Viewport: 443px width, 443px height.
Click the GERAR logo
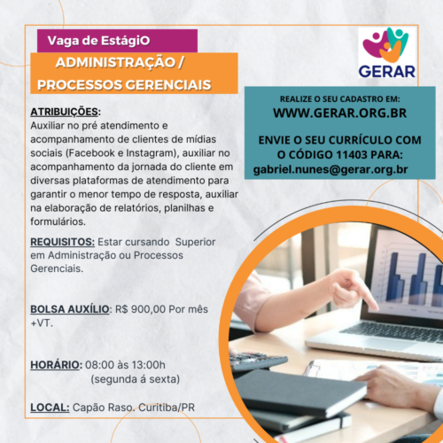[x=387, y=52]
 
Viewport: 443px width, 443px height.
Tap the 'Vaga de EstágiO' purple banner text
[x=98, y=41]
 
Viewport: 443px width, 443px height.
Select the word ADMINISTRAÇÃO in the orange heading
[x=116, y=63]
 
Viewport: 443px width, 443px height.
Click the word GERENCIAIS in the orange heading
[x=168, y=85]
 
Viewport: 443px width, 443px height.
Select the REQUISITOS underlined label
[x=62, y=242]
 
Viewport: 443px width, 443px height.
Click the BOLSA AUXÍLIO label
[x=70, y=309]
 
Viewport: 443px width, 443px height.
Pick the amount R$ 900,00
[x=140, y=309]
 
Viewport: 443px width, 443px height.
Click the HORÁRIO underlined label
[x=55, y=365]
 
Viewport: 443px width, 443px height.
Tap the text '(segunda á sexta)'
[x=136, y=379]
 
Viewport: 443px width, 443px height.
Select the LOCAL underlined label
[x=50, y=408]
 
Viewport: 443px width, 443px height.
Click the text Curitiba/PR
[x=167, y=408]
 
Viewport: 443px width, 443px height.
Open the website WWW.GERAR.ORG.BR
[x=340, y=113]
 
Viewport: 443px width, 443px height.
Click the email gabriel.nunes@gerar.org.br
[x=330, y=169]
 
